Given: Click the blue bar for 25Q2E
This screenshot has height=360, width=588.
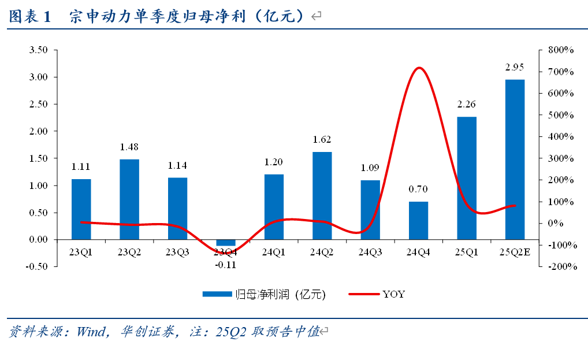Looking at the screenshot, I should coord(515,159).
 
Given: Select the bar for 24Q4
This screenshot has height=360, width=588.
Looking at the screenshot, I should coord(418,220).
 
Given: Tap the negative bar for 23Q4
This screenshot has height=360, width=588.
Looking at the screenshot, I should coord(226,242).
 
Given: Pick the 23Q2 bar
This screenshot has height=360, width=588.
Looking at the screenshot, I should coord(129,199).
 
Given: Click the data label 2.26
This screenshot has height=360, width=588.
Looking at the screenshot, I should coord(466,105).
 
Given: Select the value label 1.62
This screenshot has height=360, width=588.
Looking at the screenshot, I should coord(322,139).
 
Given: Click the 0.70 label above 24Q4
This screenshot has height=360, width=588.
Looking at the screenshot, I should coord(418,189).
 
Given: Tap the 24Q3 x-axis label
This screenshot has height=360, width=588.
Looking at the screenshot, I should coord(370,252).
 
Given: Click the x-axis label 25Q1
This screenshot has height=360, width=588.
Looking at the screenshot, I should coord(466,252).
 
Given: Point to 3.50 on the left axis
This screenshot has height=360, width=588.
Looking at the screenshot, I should coord(38,50).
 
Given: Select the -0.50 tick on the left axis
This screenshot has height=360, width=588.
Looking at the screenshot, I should coord(37,266).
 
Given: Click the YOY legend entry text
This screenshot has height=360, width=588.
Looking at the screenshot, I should coord(393,294).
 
